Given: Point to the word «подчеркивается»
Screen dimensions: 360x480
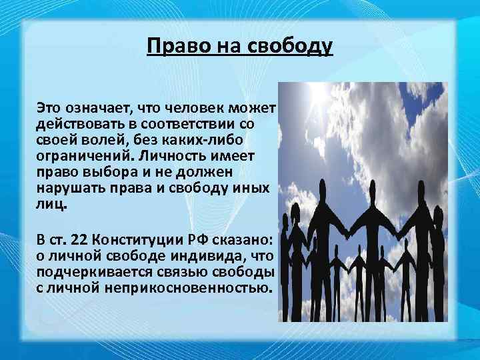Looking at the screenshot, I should (89, 273).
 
